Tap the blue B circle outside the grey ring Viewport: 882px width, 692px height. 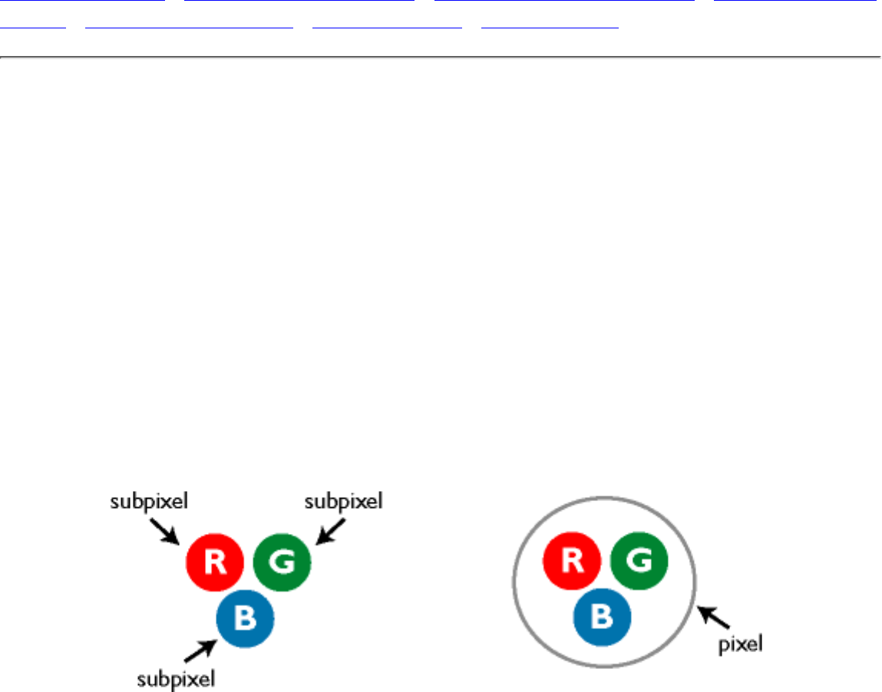(245, 619)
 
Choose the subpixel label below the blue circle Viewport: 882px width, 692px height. (176, 677)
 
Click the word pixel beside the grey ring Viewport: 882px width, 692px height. (740, 644)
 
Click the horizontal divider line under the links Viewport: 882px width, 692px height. (441, 57)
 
